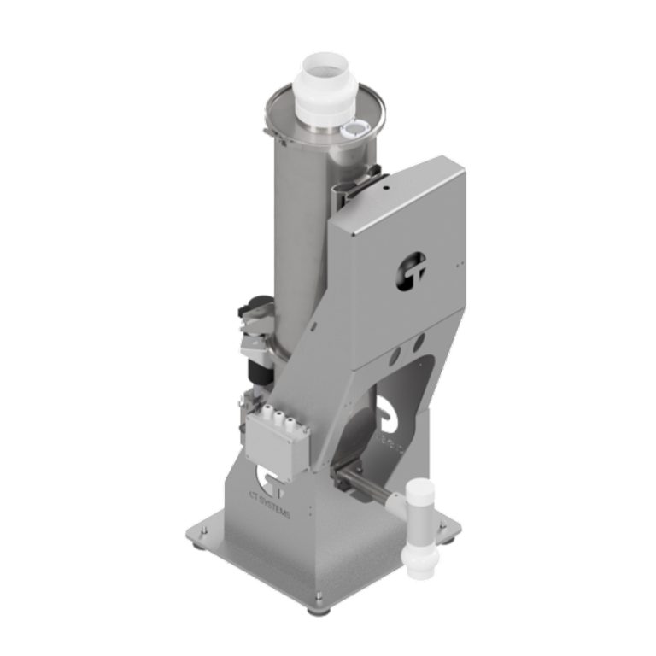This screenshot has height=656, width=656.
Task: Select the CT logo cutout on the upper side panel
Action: (x=411, y=271)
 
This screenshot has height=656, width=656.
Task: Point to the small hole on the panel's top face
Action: (x=386, y=184)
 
